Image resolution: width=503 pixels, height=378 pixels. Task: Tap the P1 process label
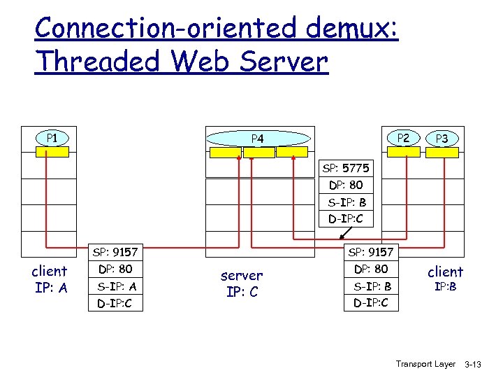pyautogui.click(x=52, y=137)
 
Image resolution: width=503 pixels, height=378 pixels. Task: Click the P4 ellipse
pyautogui.click(x=257, y=139)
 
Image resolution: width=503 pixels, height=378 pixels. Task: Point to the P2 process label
pyautogui.click(x=402, y=138)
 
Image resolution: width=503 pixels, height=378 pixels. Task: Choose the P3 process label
pyautogui.click(x=442, y=139)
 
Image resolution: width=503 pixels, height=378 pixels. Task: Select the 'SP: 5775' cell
pyautogui.click(x=346, y=169)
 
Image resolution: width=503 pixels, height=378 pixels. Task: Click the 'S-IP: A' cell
pyautogui.click(x=117, y=286)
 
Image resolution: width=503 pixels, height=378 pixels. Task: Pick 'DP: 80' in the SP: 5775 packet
pyautogui.click(x=346, y=185)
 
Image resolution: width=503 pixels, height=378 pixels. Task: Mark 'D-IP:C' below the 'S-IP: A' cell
pyautogui.click(x=117, y=303)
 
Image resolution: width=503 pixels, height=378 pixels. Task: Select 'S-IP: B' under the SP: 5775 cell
pyautogui.click(x=346, y=203)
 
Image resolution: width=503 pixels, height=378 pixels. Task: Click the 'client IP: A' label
pyautogui.click(x=50, y=279)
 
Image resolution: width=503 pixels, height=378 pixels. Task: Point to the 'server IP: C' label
pyautogui.click(x=242, y=283)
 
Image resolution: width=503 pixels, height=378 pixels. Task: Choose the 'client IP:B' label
pyautogui.click(x=445, y=278)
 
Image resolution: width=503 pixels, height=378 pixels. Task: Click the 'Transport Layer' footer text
pyautogui.click(x=425, y=364)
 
